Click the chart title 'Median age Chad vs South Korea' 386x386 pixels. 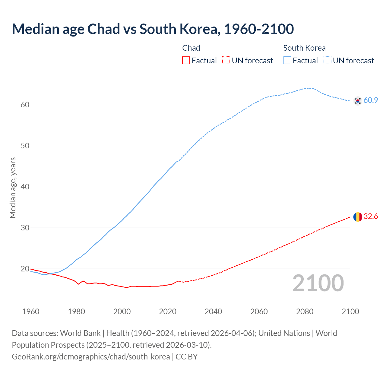click(x=153, y=29)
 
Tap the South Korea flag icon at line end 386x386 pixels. click(x=358, y=101)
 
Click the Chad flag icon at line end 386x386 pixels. click(x=358, y=217)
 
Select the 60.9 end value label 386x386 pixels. click(x=371, y=100)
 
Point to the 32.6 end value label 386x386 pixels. click(x=371, y=217)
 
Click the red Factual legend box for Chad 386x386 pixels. click(x=186, y=61)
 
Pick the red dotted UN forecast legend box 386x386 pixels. click(x=226, y=61)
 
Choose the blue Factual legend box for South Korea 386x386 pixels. click(x=287, y=61)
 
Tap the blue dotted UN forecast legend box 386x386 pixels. click(x=327, y=61)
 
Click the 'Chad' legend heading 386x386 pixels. click(x=191, y=48)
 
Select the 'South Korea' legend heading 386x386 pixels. click(x=304, y=48)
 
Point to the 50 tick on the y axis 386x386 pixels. click(x=25, y=146)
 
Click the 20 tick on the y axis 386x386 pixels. click(x=25, y=269)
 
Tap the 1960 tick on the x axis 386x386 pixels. click(x=31, y=312)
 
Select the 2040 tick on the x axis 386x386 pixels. click(x=213, y=312)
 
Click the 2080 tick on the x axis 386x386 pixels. click(x=305, y=312)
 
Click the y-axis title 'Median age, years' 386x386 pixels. click(x=13, y=188)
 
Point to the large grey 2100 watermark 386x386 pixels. click(x=318, y=283)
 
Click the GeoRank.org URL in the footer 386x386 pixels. click(x=91, y=357)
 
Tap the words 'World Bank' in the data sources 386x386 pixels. click(x=80, y=333)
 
